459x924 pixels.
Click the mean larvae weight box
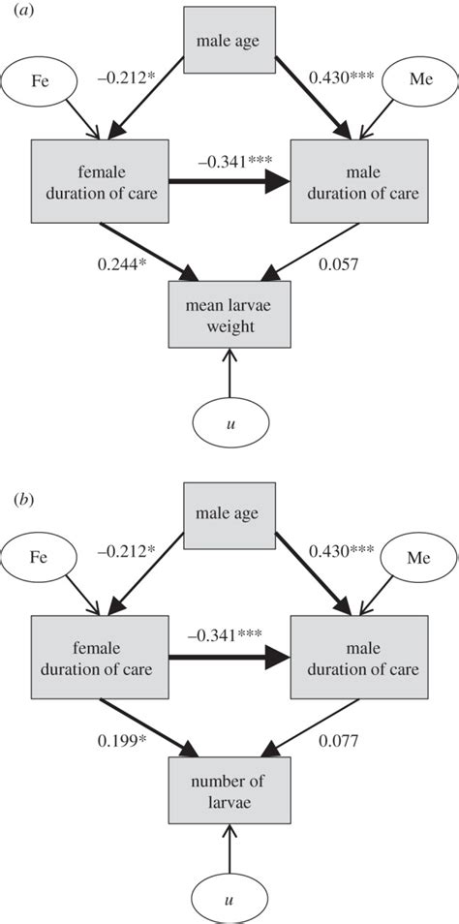click(x=229, y=316)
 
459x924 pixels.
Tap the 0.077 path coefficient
click(x=339, y=742)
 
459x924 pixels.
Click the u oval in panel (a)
click(x=229, y=422)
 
